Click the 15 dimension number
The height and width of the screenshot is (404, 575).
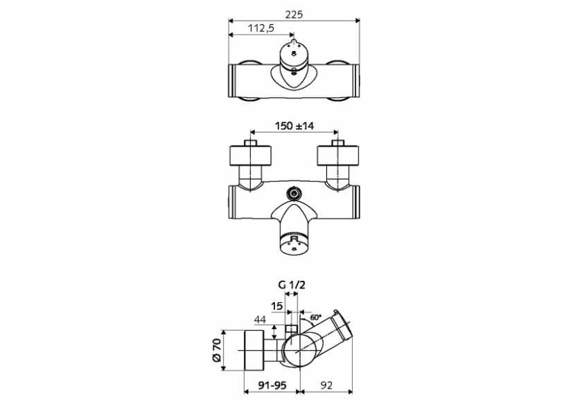coord(277,306)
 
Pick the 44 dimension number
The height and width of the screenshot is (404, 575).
coord(260,320)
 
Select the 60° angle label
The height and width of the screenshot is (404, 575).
coord(315,318)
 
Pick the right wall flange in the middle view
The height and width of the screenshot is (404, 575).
coord(337,154)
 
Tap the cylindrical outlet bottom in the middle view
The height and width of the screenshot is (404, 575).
coord(294,243)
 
